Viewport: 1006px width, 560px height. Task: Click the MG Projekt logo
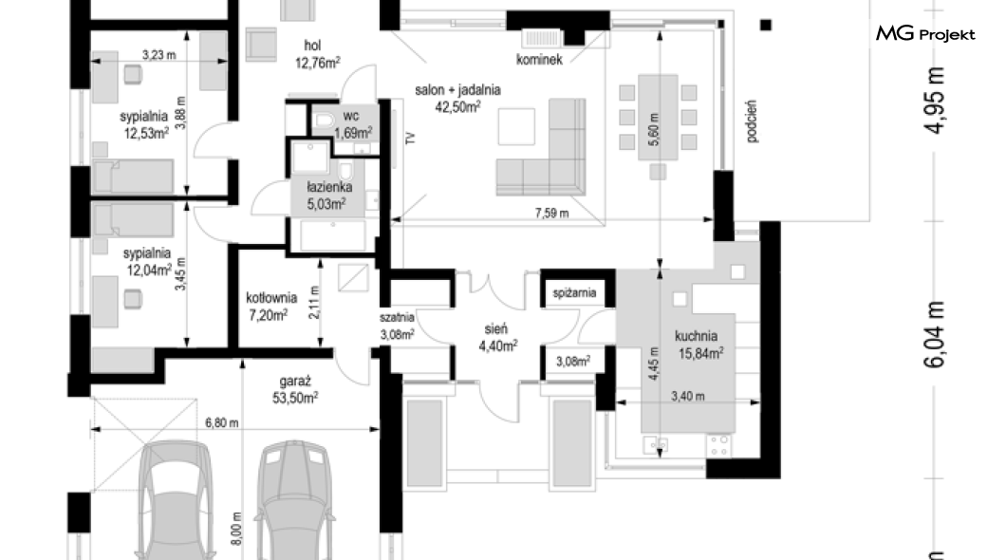click(x=925, y=33)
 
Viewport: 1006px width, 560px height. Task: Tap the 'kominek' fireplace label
click(x=539, y=60)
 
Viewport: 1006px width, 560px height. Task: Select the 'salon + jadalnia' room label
click(x=457, y=90)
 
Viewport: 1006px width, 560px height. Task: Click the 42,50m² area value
click(x=458, y=106)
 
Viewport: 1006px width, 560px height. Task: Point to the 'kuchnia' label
click(x=696, y=336)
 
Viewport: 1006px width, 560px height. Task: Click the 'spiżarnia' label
click(x=575, y=293)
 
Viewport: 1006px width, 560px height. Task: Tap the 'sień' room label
click(x=496, y=329)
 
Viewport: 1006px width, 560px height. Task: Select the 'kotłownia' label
click(x=271, y=298)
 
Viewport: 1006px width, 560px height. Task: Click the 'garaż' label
click(x=295, y=382)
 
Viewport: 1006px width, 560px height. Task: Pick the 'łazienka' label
click(x=329, y=188)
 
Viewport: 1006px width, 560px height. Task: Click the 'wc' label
click(x=351, y=116)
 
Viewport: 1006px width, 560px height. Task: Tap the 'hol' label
click(x=312, y=46)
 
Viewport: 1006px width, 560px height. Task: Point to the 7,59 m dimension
click(x=551, y=213)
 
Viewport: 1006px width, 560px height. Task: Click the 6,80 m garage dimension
click(x=222, y=423)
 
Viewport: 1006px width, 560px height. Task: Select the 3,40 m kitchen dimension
click(x=688, y=397)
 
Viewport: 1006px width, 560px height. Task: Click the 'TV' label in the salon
click(x=411, y=138)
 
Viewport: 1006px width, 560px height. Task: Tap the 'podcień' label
click(x=752, y=121)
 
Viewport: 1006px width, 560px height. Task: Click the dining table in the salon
click(x=658, y=118)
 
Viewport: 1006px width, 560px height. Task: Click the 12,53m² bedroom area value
click(x=146, y=134)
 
